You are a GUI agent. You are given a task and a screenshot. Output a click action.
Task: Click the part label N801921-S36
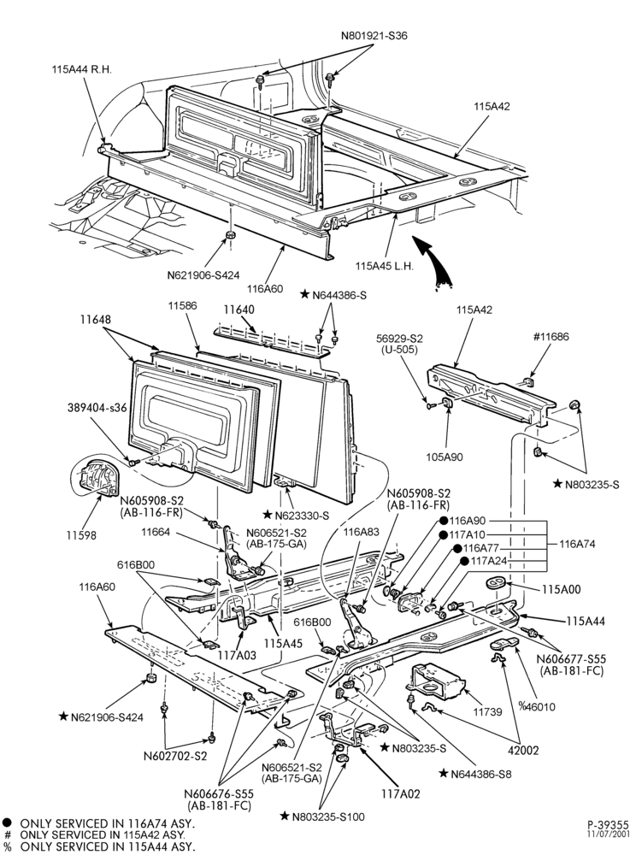coord(374,36)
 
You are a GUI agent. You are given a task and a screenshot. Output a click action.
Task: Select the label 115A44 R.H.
coord(82,70)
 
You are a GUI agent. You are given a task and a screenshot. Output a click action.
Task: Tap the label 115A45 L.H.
coord(384,267)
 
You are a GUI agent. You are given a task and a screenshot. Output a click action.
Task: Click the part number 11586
coord(182,306)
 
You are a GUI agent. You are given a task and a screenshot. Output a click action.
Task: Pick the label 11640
coord(238,310)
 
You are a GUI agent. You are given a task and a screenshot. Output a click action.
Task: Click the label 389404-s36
coord(97,408)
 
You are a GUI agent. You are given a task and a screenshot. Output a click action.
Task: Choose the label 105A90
coord(445,457)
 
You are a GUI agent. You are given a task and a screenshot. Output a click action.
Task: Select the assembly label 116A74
coord(577,544)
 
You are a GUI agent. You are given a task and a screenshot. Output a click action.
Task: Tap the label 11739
coord(487,711)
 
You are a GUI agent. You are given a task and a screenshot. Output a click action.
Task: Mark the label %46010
coord(537,707)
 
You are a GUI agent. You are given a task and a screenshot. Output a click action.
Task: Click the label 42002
coord(523,751)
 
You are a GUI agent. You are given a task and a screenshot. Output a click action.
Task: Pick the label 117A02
coord(402,794)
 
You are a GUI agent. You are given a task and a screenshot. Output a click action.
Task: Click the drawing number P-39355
coord(608,824)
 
